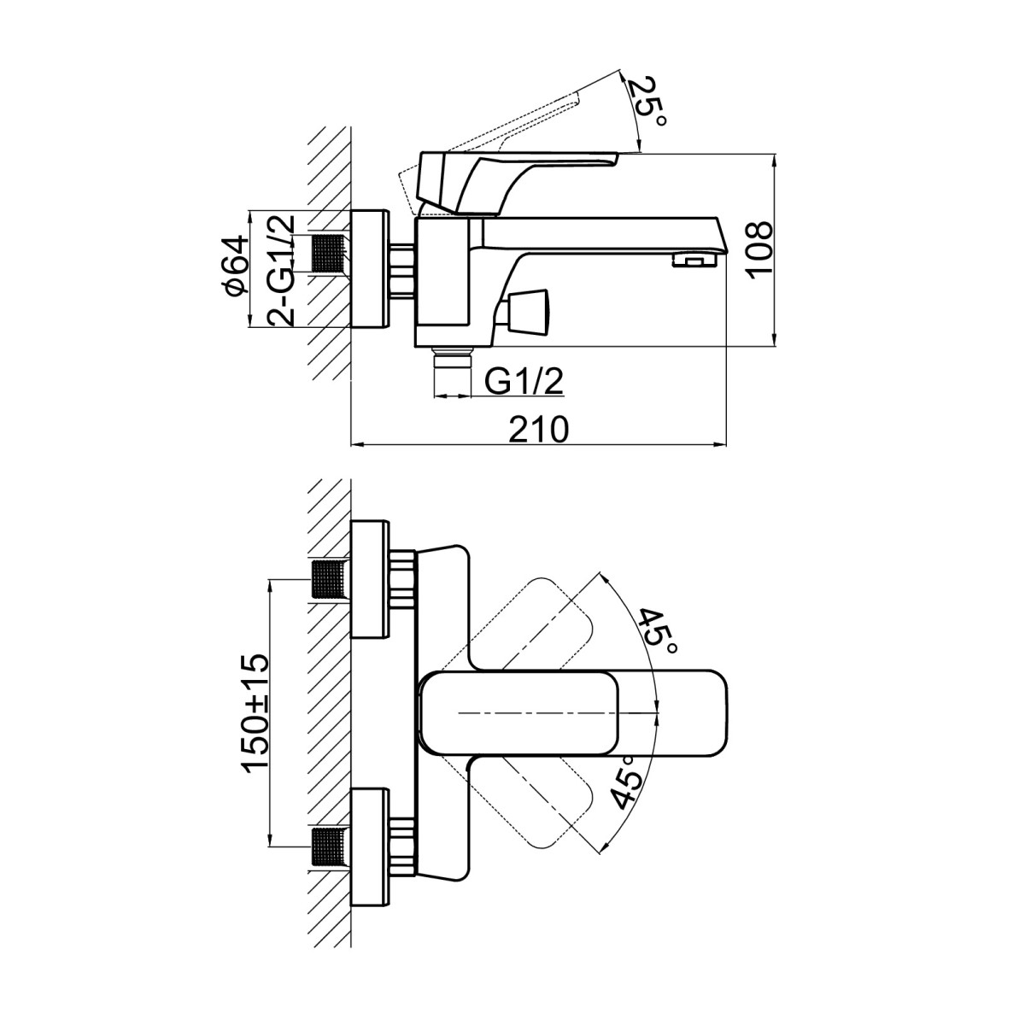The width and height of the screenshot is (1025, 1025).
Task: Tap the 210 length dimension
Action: coord(539,430)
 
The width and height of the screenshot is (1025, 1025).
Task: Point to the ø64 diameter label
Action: coord(236,266)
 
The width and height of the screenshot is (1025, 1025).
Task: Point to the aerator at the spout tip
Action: coord(694,261)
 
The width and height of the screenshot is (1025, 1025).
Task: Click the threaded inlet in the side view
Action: coord(330,254)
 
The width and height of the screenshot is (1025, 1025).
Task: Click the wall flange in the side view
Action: coord(370,268)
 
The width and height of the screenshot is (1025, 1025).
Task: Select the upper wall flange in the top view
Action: coord(370,579)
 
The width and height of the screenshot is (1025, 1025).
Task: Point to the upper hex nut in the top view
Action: coord(402,579)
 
